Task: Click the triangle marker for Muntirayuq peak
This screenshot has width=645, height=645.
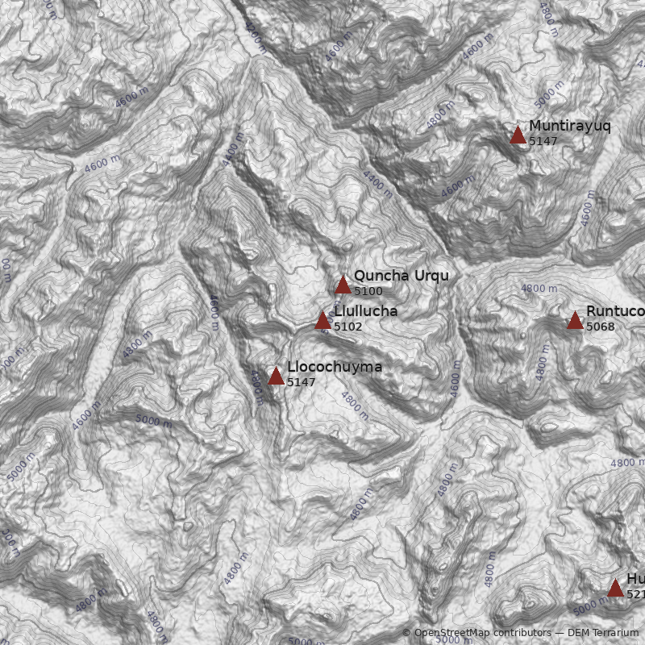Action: [518, 135]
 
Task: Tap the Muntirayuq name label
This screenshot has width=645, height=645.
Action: [569, 127]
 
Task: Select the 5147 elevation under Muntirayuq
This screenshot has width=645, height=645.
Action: [543, 141]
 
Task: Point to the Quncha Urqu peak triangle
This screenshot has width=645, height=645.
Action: [343, 285]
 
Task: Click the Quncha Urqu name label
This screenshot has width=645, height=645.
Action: [401, 277]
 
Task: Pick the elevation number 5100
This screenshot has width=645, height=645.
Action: [368, 292]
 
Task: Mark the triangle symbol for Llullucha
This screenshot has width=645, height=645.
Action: [323, 320]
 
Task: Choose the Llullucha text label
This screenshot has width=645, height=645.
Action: [365, 312]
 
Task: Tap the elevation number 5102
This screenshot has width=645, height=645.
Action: [347, 327]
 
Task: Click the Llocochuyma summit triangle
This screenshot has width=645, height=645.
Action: [276, 376]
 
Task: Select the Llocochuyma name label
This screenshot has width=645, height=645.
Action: [335, 368]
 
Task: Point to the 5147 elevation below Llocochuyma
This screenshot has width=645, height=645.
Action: [301, 383]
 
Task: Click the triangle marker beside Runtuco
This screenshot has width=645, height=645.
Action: [575, 321]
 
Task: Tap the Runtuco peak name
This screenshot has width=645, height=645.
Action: [614, 312]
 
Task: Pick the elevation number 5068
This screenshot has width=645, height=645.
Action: [600, 327]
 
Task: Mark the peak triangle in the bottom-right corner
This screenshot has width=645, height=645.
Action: [615, 588]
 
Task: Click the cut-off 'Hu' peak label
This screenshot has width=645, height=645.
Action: [635, 580]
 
